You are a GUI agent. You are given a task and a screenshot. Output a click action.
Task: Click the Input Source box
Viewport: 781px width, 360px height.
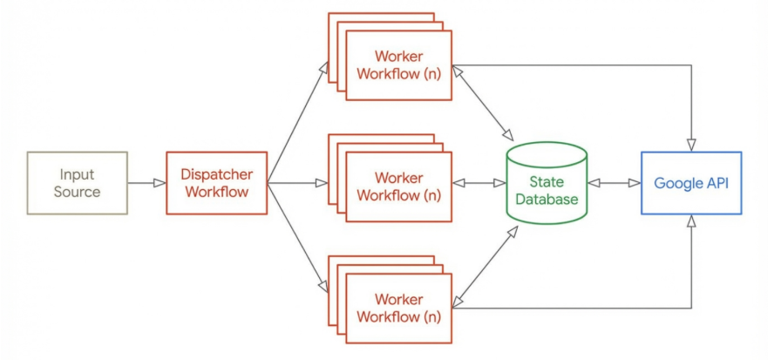point(77,183)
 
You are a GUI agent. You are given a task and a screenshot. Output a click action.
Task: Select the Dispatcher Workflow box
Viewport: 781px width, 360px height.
point(215,183)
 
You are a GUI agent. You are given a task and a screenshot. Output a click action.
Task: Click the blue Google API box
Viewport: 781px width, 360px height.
point(691,183)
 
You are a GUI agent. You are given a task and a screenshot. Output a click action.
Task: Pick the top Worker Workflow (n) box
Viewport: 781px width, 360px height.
point(398,65)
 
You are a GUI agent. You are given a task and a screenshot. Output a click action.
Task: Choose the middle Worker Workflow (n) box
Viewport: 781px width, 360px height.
point(398,187)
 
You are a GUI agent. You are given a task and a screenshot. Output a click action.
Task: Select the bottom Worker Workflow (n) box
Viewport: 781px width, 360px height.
point(398,308)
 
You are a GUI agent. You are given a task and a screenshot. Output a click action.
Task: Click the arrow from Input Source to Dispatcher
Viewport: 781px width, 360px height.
point(146,183)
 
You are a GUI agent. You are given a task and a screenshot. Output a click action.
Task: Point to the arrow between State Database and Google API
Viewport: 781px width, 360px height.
point(614,183)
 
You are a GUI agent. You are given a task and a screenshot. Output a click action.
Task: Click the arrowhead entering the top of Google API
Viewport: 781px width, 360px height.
point(692,145)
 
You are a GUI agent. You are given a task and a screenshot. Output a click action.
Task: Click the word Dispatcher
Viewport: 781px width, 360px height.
point(216,174)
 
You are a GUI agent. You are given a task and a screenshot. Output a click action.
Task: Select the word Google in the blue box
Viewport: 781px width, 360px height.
point(674,183)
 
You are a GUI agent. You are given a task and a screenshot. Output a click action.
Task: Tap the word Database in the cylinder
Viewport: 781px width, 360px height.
point(547,200)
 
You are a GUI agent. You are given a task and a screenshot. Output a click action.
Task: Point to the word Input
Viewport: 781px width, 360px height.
point(77,174)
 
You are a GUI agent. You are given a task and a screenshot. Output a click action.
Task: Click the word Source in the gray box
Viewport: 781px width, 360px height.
point(77,192)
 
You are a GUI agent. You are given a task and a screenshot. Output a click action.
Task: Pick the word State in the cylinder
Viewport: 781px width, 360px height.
point(547,182)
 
